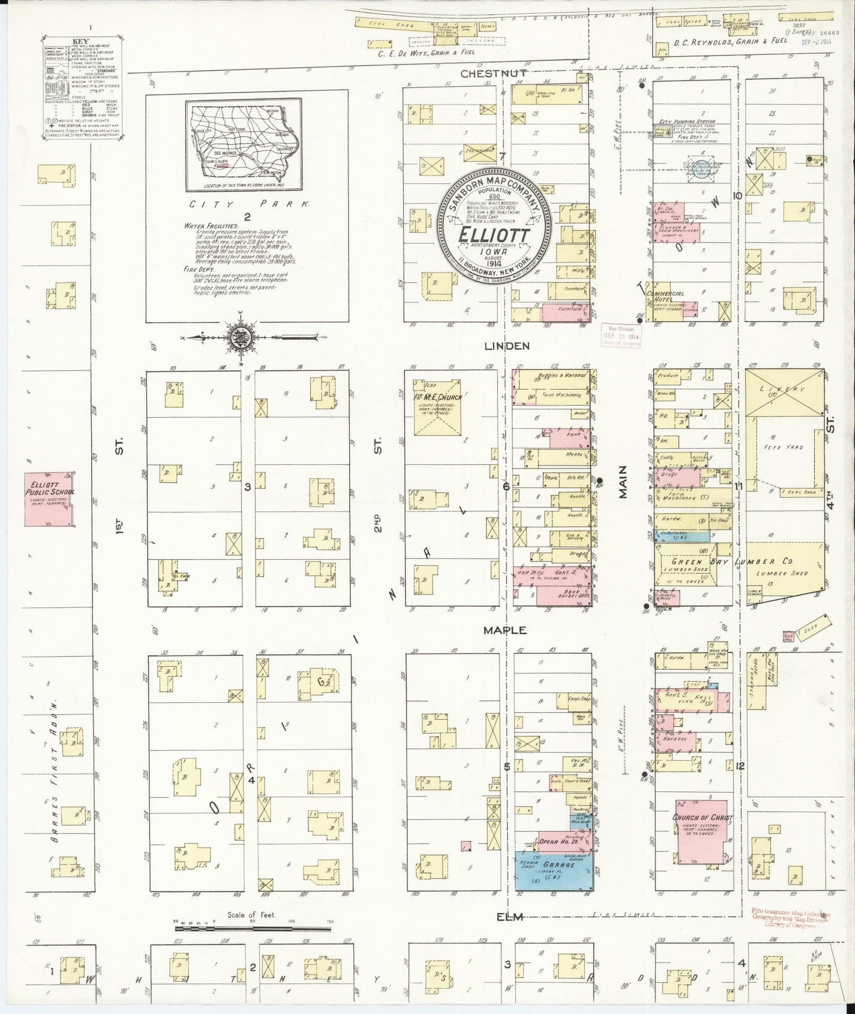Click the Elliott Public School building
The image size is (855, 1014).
(49, 499)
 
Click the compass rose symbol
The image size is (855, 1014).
(241, 338)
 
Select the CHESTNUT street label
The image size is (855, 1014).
(493, 73)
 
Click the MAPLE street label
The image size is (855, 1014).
(505, 631)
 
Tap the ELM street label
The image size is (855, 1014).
(510, 917)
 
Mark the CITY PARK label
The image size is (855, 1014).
(247, 204)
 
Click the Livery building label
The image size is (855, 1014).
(784, 389)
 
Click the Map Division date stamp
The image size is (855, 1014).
(621, 336)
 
